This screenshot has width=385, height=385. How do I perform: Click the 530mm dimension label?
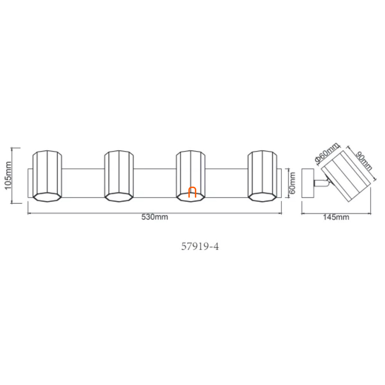click(x=155, y=217)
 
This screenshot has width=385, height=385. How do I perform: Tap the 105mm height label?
click(x=8, y=175)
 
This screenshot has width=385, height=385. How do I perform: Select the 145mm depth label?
click(x=336, y=217)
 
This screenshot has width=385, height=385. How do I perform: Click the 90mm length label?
click(x=364, y=161)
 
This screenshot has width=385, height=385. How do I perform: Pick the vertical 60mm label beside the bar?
click(x=292, y=183)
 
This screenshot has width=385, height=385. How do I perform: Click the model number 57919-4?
click(x=200, y=246)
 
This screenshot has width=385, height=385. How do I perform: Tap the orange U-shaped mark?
click(x=192, y=192)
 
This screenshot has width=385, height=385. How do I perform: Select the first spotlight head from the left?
click(x=47, y=176)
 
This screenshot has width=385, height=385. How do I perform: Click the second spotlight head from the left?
click(x=119, y=176)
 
